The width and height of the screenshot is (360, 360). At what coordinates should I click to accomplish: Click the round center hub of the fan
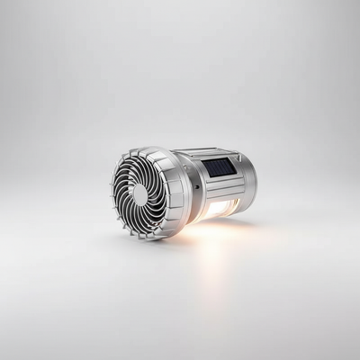[139, 194]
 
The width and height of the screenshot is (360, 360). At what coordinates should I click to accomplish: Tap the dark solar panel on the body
[220, 166]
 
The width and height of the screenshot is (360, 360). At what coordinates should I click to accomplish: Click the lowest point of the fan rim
[144, 239]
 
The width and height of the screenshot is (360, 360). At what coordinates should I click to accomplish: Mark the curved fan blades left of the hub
[122, 193]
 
